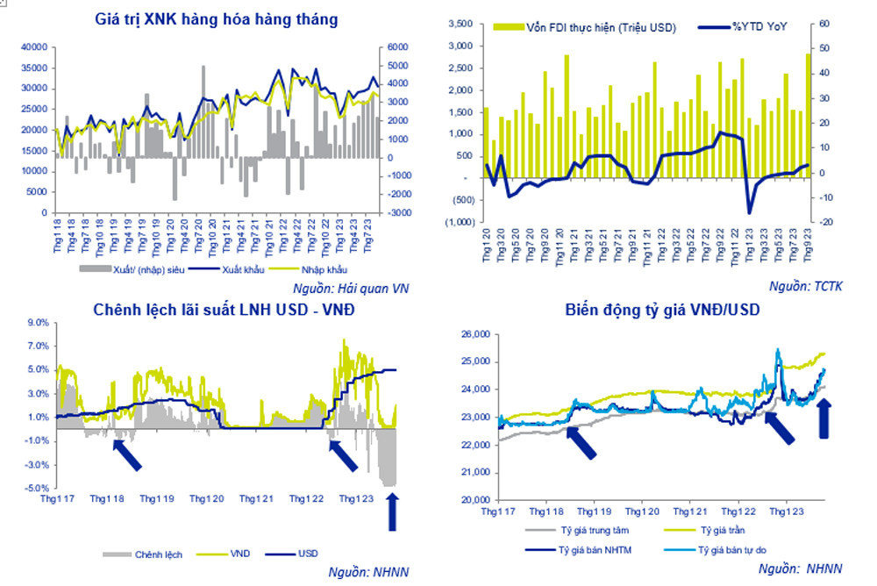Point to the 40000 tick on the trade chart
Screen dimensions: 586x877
[34, 46]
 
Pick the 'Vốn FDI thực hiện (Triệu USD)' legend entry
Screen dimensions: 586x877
[587, 27]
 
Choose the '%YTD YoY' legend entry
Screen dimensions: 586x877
[759, 27]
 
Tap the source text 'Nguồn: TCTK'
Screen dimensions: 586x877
[805, 286]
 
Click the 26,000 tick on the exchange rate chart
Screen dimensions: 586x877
[474, 334]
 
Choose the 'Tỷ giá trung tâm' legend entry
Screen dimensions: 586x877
[592, 530]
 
